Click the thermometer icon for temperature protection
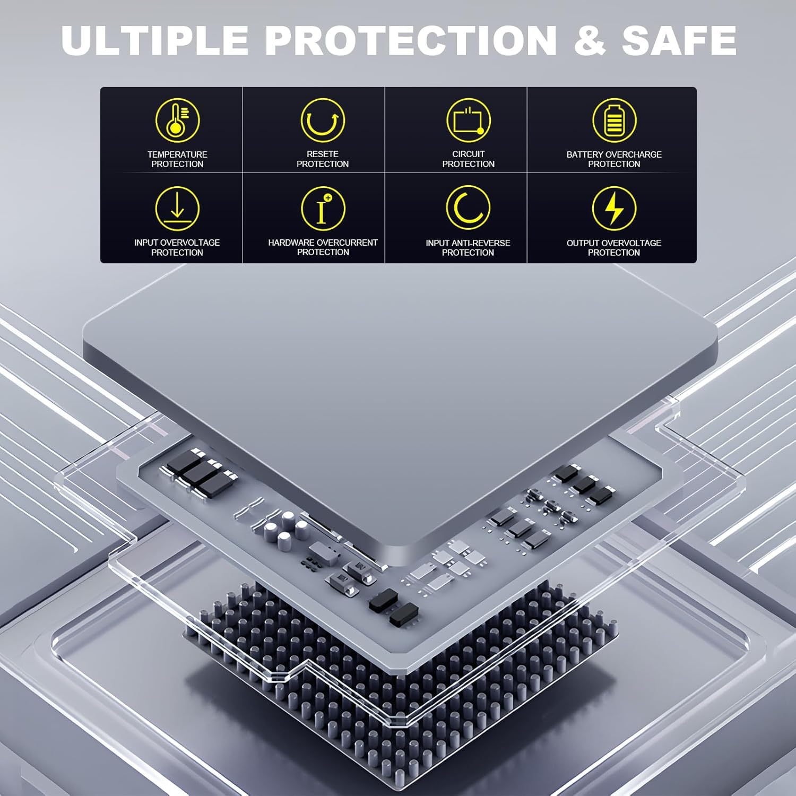tap(177, 120)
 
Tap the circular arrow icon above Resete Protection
tap(323, 120)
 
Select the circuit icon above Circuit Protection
tap(468, 120)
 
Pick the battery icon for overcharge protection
tap(614, 120)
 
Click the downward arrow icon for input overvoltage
tap(177, 208)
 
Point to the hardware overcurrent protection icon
tap(323, 208)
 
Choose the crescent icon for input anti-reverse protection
tap(468, 208)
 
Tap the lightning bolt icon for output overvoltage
tap(614, 208)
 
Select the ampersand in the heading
tap(590, 40)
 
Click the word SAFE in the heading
tap(679, 40)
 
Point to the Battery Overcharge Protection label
tap(614, 159)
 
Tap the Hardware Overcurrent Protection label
tap(323, 247)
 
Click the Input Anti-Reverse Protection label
tap(468, 248)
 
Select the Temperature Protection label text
tap(177, 159)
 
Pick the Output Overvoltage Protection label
tap(614, 248)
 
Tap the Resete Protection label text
tap(323, 159)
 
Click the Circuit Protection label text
tap(468, 159)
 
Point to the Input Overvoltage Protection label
tap(177, 247)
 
